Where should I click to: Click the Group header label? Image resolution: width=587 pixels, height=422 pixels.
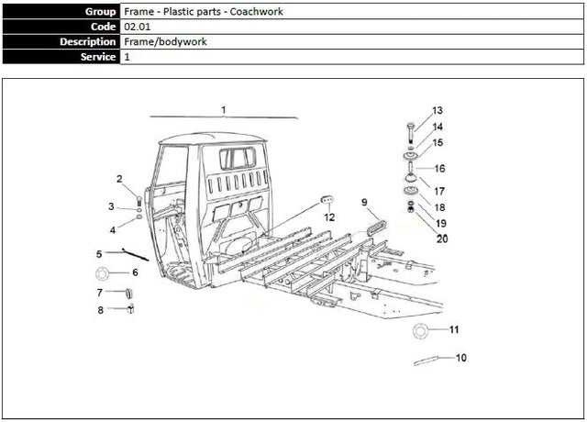point(100,11)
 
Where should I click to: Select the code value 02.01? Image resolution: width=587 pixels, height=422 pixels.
point(136,27)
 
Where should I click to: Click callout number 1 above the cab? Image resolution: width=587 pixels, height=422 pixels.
point(223,109)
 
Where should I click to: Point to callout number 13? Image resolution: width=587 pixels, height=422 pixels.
point(437,110)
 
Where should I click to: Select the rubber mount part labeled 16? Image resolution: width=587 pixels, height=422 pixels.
point(409,171)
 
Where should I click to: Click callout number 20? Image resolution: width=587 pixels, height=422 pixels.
point(442,239)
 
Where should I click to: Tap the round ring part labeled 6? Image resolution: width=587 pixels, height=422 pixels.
point(103,273)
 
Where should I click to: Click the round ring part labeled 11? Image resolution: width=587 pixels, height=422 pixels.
point(421,330)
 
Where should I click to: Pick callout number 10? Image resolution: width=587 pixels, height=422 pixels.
point(460,357)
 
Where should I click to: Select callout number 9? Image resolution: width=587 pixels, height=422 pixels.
point(364,201)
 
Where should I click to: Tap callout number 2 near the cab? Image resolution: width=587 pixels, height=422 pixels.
point(119,178)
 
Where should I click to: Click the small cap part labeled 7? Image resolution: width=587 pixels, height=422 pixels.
point(128,293)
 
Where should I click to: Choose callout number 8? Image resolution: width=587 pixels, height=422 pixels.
point(101,310)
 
